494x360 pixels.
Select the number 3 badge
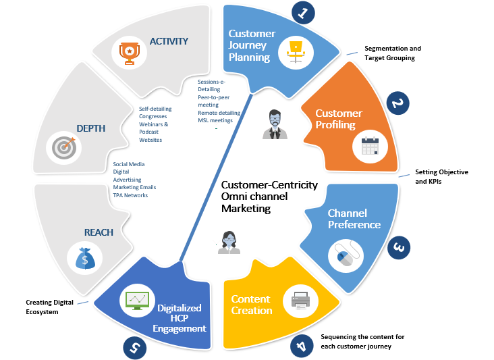pos(398,248)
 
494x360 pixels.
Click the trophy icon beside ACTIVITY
pos(129,53)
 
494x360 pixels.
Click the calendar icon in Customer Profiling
pos(370,144)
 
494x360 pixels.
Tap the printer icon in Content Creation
pos(300,301)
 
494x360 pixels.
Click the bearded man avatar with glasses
pos(275,124)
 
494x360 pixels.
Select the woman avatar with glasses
pos(229,242)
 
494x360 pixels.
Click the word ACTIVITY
pos(169,41)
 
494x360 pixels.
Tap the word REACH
pos(99,232)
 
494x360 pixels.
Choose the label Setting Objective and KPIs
pos(441,177)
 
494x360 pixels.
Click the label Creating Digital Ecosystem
pos(49,307)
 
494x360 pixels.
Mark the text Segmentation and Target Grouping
pos(393,53)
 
